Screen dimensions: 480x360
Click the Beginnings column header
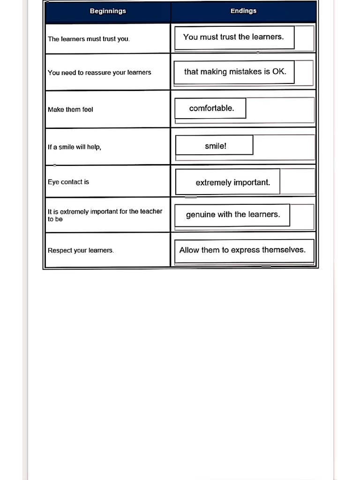108,11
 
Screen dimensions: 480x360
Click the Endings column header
243,11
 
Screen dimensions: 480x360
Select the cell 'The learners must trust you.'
89,39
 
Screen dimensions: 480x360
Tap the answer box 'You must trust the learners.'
234,37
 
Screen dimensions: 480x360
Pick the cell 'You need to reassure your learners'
99,73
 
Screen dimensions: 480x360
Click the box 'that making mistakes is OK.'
234,72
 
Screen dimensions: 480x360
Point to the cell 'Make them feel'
70,110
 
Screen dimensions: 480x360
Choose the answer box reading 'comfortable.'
211,108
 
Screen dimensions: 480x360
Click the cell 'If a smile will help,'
75,147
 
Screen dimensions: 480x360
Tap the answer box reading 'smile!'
215,146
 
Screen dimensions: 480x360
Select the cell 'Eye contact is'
68,182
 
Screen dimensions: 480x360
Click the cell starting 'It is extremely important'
105,215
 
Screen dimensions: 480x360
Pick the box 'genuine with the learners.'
232,215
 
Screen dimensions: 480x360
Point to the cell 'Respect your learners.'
81,250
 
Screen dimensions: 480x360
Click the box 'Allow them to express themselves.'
242,250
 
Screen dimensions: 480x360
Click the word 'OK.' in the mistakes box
279,72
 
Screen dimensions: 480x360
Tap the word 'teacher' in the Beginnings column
151,211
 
